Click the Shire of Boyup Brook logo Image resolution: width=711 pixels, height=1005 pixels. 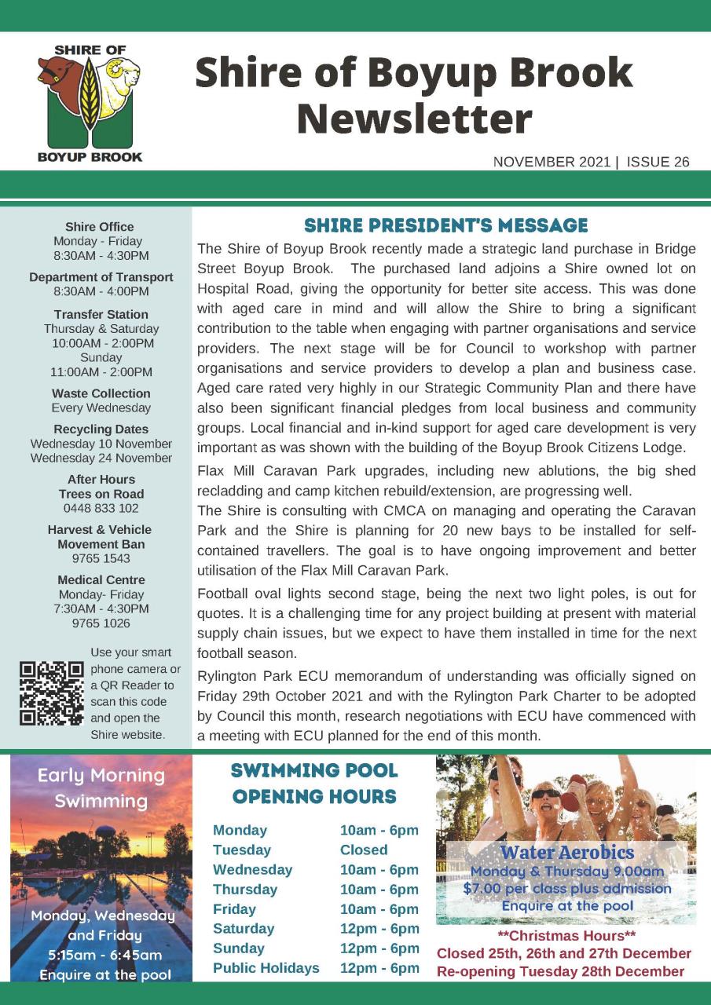(90, 103)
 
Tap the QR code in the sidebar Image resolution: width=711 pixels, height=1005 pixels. (52, 693)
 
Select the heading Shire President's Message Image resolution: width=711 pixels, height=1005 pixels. (445, 226)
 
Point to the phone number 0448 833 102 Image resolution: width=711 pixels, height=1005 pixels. (101, 508)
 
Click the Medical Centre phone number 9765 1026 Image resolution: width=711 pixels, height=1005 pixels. (101, 623)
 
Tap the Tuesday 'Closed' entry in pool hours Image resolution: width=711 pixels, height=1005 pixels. (364, 850)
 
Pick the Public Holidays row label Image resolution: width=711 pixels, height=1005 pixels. (266, 968)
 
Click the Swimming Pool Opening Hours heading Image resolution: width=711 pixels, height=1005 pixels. (314, 784)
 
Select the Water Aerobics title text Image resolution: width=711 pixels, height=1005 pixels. (566, 852)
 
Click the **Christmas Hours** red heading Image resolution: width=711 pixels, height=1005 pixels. (566, 936)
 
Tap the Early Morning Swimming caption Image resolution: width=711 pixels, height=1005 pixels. (101, 788)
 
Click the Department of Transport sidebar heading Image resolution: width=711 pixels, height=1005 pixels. (101, 277)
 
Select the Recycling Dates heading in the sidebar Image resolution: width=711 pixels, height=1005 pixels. (101, 429)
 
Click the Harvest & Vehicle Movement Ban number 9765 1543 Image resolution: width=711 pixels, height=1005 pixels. (101, 558)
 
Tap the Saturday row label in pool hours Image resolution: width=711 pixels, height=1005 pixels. (244, 928)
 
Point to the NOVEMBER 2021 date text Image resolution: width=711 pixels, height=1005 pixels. (552, 163)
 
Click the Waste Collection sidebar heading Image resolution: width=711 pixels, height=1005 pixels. (101, 393)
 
